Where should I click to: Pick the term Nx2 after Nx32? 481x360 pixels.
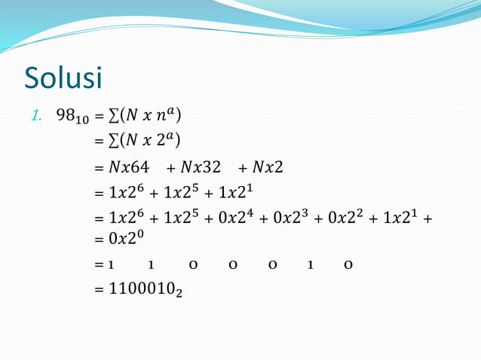268,166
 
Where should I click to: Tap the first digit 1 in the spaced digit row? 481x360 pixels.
111,265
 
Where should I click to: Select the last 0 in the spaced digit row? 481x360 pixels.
348,265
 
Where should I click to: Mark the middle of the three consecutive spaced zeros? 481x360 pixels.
229,265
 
